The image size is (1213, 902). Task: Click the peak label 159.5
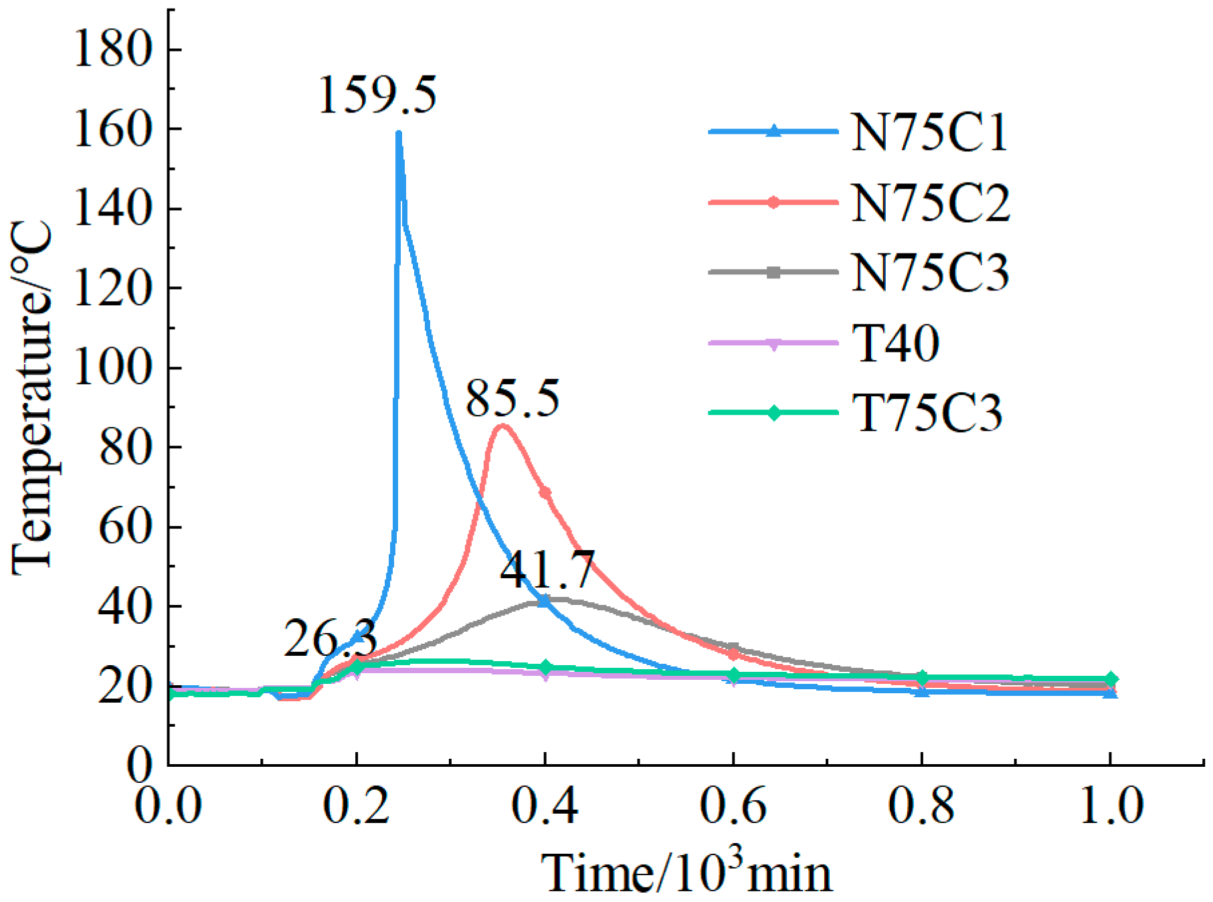point(377,95)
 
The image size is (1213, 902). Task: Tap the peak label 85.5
point(512,399)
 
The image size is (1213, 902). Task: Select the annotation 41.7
point(547,569)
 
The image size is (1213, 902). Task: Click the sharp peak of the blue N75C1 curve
point(399,134)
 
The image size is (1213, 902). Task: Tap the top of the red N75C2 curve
point(502,426)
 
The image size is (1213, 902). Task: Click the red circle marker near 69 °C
point(545,492)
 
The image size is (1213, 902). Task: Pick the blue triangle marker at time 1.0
point(1111,693)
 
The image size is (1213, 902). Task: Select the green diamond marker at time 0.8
point(922,677)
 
